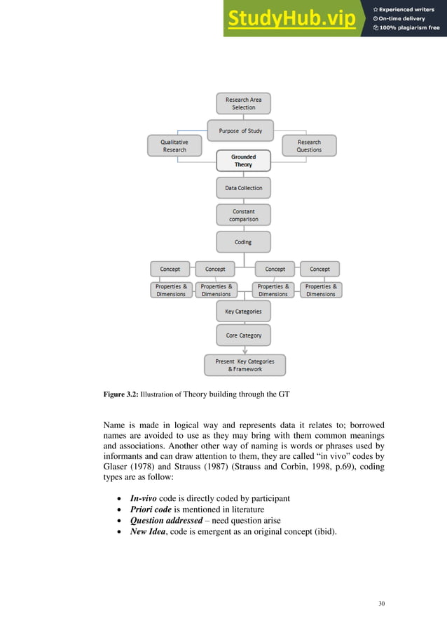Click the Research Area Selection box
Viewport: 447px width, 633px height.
click(x=243, y=104)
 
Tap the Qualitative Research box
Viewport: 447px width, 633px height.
click(x=174, y=146)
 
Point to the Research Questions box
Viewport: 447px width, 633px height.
click(x=309, y=146)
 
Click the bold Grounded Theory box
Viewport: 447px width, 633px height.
click(x=243, y=161)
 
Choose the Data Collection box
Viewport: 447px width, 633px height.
click(x=243, y=188)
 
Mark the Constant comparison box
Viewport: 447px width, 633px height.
click(x=243, y=215)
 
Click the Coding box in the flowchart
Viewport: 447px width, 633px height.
click(x=243, y=242)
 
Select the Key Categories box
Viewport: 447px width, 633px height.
click(x=243, y=312)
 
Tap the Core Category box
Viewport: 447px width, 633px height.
click(x=243, y=335)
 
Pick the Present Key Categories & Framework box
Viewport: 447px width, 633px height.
click(x=245, y=365)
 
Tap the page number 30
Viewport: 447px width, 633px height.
click(x=381, y=604)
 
